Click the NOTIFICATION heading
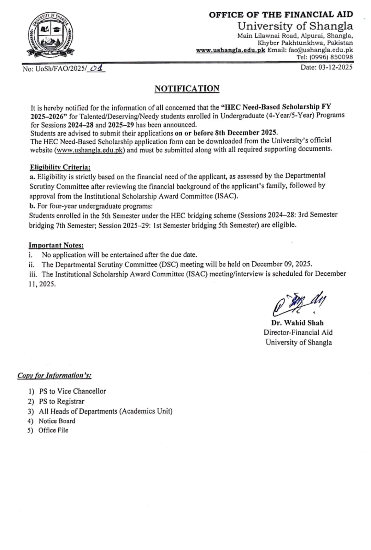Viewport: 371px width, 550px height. tap(187, 88)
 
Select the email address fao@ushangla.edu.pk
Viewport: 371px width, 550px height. tap(321, 49)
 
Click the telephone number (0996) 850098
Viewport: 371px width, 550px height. tap(330, 57)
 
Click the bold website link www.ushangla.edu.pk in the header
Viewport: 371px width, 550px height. tap(230, 49)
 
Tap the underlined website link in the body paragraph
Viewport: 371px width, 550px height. tap(89, 150)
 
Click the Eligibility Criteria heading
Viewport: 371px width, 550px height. tap(60, 167)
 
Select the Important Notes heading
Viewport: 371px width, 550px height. tap(56, 245)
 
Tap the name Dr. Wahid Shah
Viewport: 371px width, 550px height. tap(297, 323)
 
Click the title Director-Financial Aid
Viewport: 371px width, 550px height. tap(298, 332)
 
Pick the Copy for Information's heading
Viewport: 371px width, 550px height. tap(54, 375)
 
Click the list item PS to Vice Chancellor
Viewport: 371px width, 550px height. tap(72, 391)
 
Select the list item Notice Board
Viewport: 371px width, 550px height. tap(57, 421)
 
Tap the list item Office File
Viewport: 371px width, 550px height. tap(53, 430)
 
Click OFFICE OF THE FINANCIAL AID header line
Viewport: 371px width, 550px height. tap(281, 14)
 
